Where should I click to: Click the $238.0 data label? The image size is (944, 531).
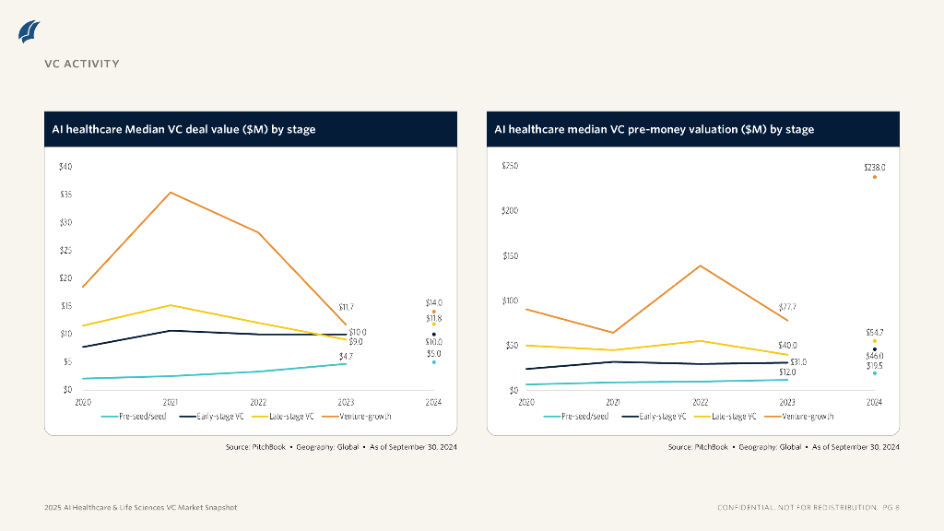(x=874, y=168)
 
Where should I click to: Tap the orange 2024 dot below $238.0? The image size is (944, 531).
(x=874, y=177)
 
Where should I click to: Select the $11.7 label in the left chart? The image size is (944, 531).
(x=346, y=307)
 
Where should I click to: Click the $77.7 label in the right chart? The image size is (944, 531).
(x=786, y=307)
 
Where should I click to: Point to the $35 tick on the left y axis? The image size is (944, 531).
(x=65, y=195)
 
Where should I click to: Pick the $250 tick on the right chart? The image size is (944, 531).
(x=510, y=166)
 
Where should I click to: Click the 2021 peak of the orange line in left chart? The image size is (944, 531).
(x=171, y=193)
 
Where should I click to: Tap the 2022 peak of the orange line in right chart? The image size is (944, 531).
(x=700, y=265)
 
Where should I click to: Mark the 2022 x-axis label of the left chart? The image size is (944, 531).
(x=258, y=403)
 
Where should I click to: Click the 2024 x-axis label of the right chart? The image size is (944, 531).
(x=874, y=403)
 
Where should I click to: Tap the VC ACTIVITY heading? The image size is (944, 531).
(x=82, y=64)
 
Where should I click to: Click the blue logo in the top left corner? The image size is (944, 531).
(x=29, y=31)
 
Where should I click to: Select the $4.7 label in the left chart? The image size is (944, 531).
(x=346, y=356)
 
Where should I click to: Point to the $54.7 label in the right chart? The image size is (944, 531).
(x=875, y=332)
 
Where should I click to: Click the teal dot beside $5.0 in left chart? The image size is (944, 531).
(x=433, y=362)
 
